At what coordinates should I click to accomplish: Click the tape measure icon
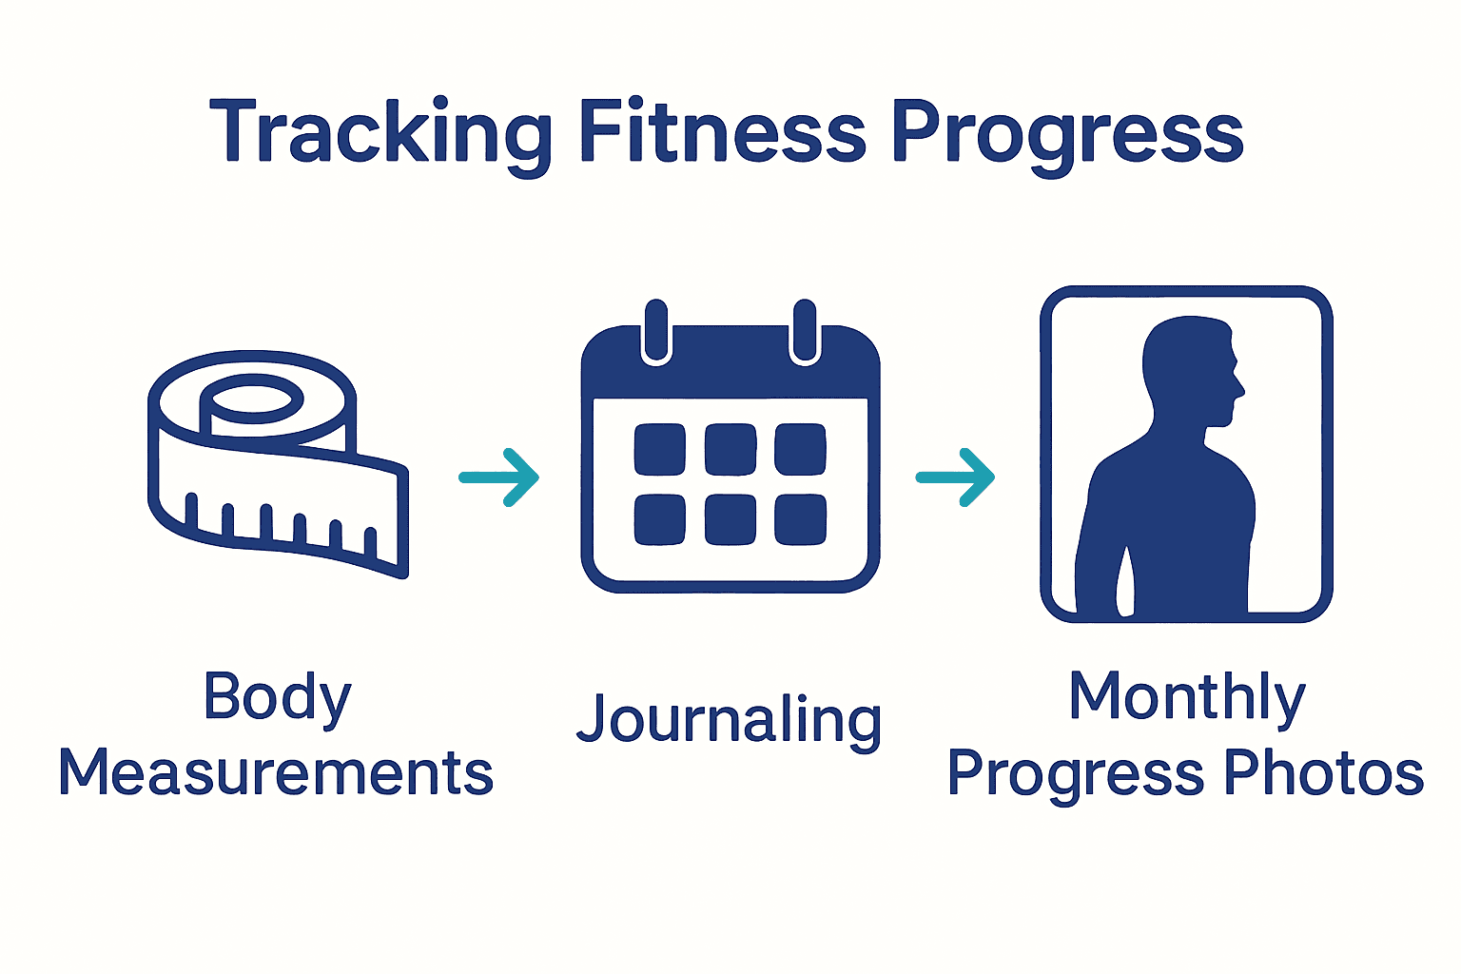pos(276,466)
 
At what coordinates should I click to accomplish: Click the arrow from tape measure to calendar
pos(499,477)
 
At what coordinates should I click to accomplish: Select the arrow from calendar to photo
pos(956,477)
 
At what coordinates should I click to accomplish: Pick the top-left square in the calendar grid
pos(659,449)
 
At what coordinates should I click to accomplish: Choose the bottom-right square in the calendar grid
pos(800,520)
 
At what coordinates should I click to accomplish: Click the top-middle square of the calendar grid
pos(730,449)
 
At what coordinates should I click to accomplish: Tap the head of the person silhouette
pos(1189,366)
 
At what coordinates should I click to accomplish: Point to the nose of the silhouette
pos(1237,387)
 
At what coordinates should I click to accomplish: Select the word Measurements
pos(276,772)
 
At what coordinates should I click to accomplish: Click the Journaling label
pos(730,721)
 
